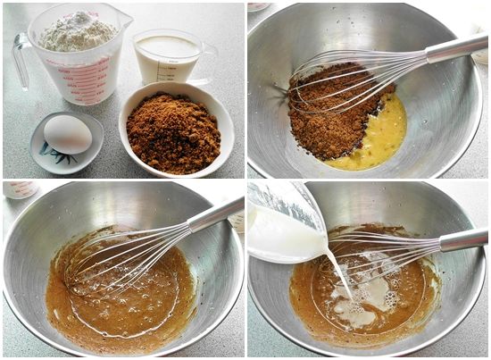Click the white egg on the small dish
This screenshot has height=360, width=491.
click(67, 134)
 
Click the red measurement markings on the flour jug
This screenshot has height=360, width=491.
click(87, 75)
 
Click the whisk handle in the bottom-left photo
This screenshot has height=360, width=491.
click(214, 215)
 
